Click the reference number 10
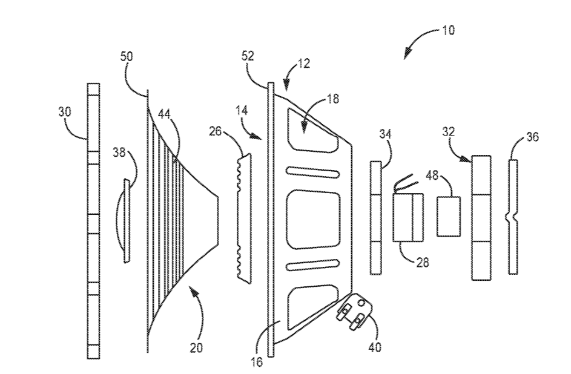449,29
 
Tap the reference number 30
65,111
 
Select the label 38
119,154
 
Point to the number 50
127,56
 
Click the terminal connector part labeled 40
357,310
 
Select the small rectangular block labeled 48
448,216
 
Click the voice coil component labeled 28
409,217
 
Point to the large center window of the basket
311,219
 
